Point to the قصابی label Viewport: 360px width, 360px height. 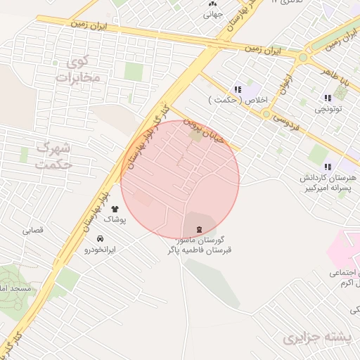tap(33, 230)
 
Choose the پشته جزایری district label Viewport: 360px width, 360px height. tap(317, 339)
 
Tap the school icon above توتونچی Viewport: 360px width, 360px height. tap(328, 98)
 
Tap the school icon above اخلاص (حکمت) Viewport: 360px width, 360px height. tap(238, 89)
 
